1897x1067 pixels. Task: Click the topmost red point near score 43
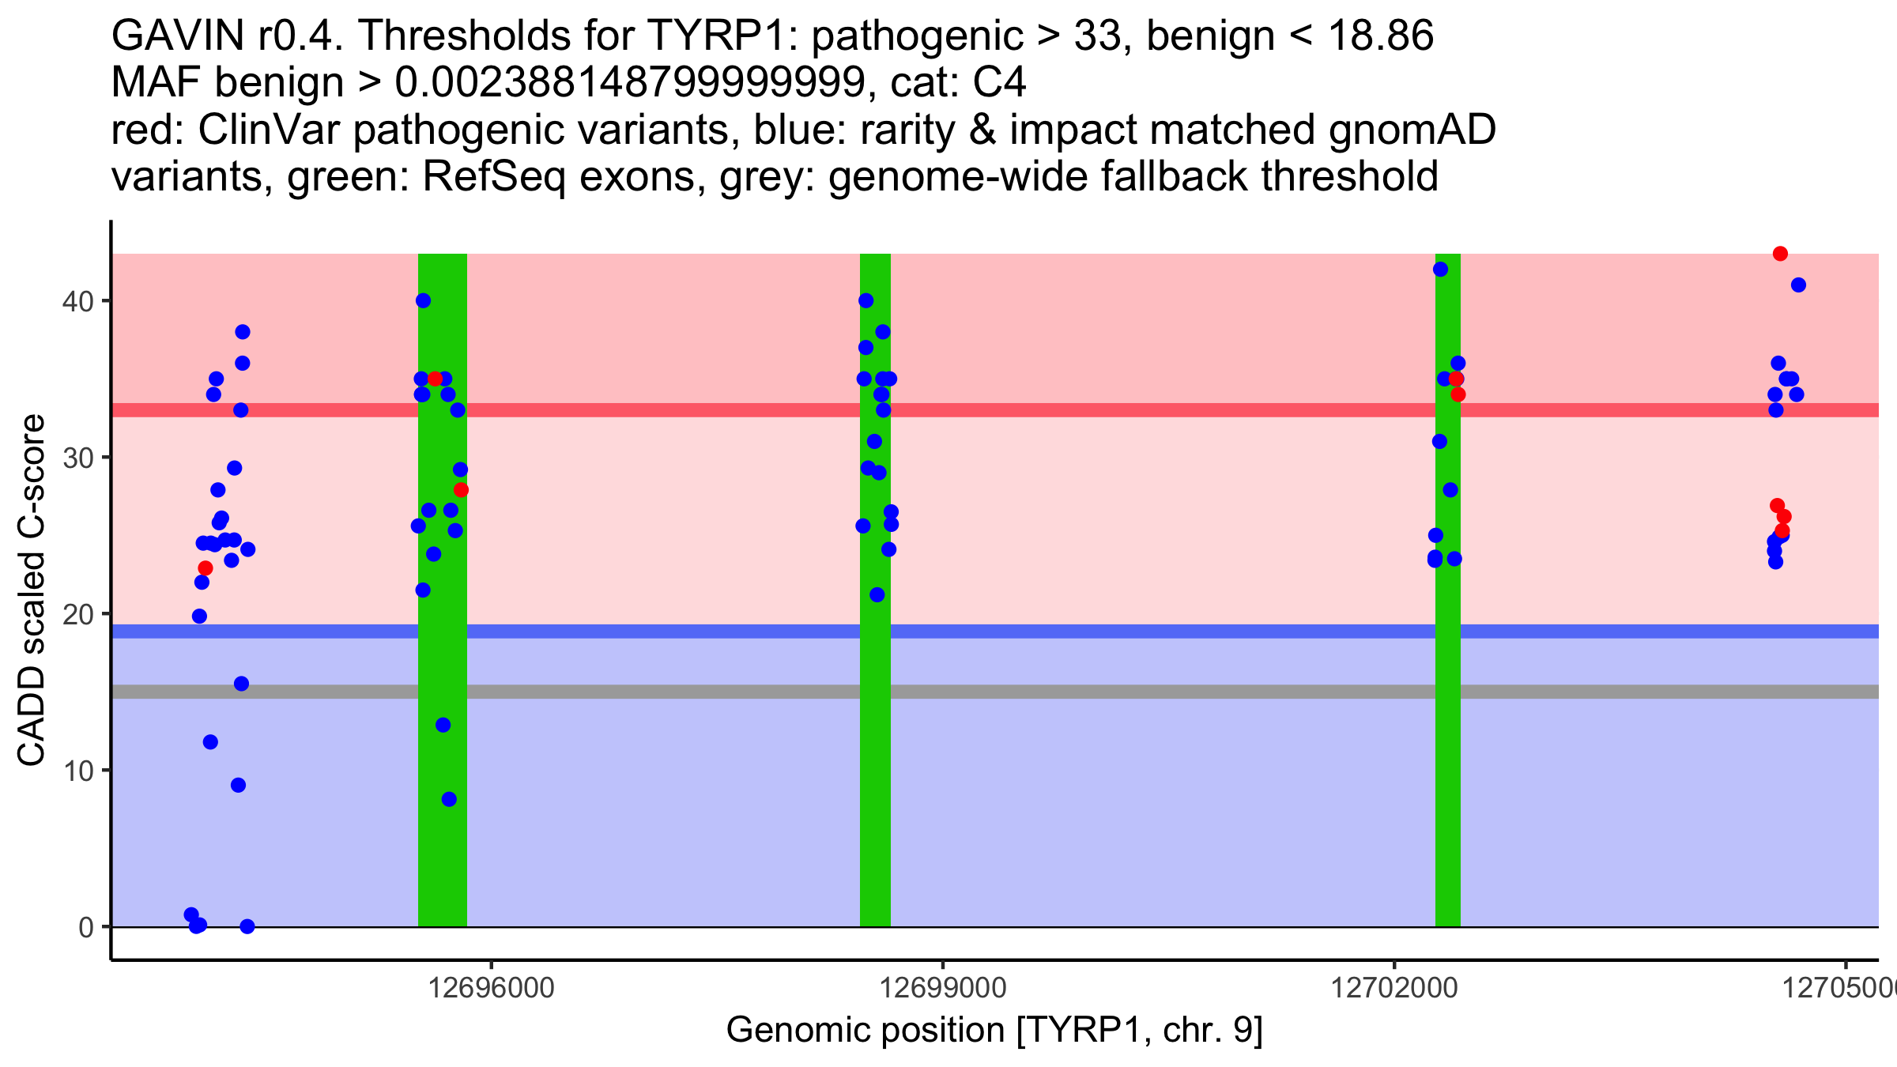click(1780, 254)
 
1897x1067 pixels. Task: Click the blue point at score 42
click(1441, 270)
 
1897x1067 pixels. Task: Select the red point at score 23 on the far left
click(206, 568)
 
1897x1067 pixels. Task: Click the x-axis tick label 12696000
click(491, 988)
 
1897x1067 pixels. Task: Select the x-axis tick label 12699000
click(943, 988)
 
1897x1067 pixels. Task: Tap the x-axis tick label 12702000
click(1394, 988)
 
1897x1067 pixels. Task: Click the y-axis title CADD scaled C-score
click(32, 590)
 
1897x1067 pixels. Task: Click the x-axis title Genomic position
click(994, 1031)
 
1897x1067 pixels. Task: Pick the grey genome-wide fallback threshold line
click(790, 692)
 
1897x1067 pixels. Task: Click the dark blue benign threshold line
click(790, 631)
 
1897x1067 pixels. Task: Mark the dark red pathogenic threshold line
click(790, 410)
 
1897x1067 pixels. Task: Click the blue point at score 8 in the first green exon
click(449, 799)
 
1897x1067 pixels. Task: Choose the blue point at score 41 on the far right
click(1798, 285)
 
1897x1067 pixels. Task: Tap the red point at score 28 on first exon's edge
click(462, 490)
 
